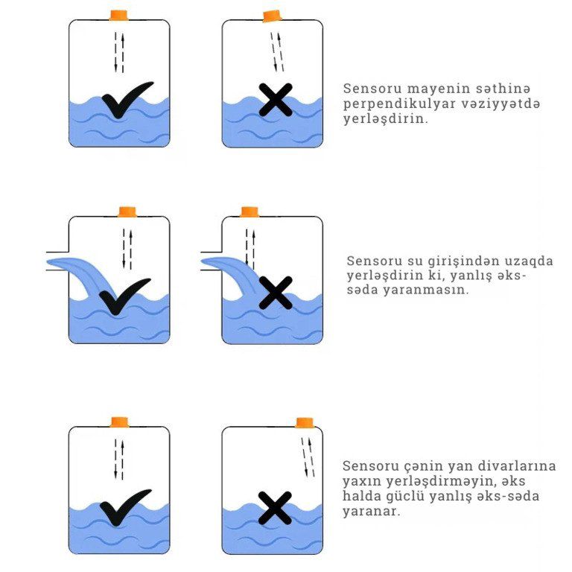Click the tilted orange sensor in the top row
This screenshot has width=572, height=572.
[273, 16]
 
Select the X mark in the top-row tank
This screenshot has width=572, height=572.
[276, 100]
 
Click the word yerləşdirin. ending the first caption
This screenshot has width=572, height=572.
[386, 119]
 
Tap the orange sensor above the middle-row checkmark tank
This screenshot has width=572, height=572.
[127, 212]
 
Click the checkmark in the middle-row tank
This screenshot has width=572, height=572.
[125, 296]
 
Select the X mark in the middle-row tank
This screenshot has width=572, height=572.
[276, 293]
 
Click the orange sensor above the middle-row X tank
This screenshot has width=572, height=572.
[250, 212]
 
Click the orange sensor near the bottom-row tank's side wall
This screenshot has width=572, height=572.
[305, 422]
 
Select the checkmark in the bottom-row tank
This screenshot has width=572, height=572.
[125, 507]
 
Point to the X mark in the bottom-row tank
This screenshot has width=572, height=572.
[275, 508]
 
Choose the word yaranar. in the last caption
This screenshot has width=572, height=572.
[372, 512]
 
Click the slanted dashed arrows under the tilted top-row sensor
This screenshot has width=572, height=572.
[277, 52]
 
